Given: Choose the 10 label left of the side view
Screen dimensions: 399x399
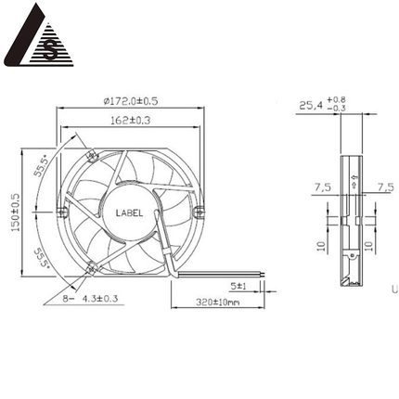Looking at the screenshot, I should [318, 247].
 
